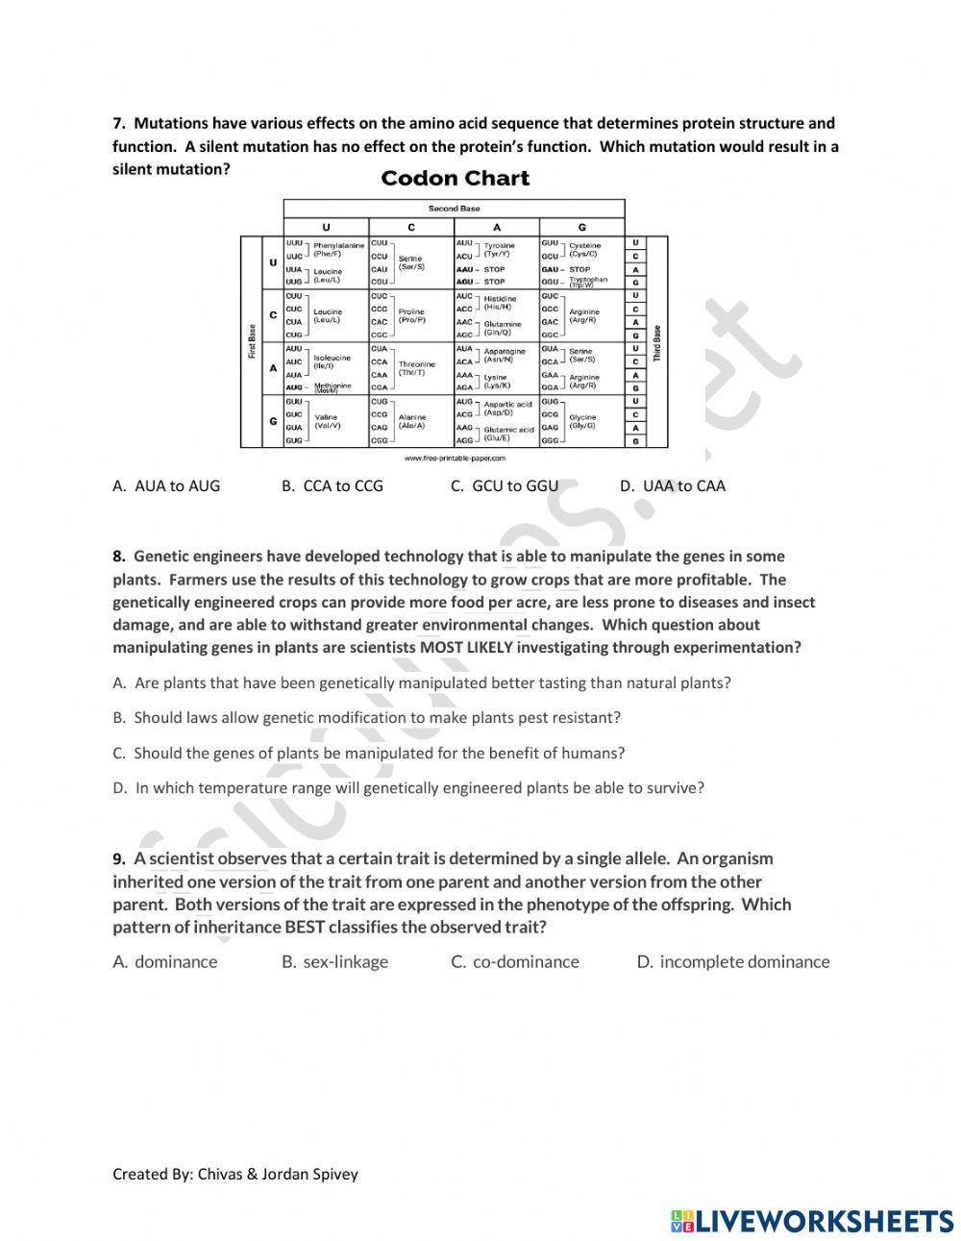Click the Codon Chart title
pyautogui.click(x=455, y=179)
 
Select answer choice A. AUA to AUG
pyautogui.click(x=166, y=485)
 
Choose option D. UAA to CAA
pyautogui.click(x=673, y=485)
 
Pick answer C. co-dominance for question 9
pyautogui.click(x=515, y=961)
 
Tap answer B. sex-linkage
pyautogui.click(x=335, y=961)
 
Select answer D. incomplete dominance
pyautogui.click(x=733, y=961)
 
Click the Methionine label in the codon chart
pyautogui.click(x=333, y=386)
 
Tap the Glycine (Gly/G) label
pyautogui.click(x=582, y=421)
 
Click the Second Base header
pyautogui.click(x=454, y=208)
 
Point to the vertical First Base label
pyautogui.click(x=252, y=341)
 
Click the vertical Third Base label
pyautogui.click(x=657, y=342)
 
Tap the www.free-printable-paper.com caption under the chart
pyautogui.click(x=455, y=459)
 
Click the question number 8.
pyautogui.click(x=119, y=556)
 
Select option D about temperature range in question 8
pyautogui.click(x=408, y=787)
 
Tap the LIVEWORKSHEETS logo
pyautogui.click(x=812, y=1221)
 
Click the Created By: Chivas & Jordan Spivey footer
pyautogui.click(x=235, y=1174)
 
